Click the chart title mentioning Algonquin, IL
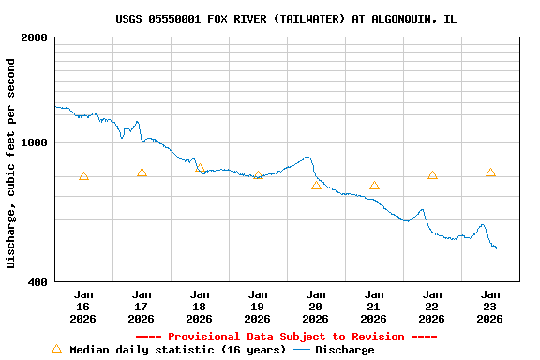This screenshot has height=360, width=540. coord(286,19)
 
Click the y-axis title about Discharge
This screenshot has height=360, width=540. coord(11,163)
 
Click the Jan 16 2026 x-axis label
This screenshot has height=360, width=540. coord(83,307)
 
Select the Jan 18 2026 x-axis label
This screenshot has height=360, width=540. coord(200,307)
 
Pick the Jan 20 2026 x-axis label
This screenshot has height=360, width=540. coord(316,307)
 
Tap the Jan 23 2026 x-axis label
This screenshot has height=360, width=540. coord(490,307)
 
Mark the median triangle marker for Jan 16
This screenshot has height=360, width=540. coord(83,175)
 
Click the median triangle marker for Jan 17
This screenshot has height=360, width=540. coord(142,172)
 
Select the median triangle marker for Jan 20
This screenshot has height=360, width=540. coord(316,185)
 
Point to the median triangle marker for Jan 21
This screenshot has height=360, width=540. coord(374,185)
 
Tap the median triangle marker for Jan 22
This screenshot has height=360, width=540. coord(432,174)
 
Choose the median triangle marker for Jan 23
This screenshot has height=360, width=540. coord(490,172)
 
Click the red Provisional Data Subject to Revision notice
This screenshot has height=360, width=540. coord(286,337)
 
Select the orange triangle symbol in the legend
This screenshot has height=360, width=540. coord(56,349)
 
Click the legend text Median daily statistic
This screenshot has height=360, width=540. coord(178,350)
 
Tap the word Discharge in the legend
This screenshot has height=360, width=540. coord(344,350)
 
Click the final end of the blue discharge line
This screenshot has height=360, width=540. coord(496,248)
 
